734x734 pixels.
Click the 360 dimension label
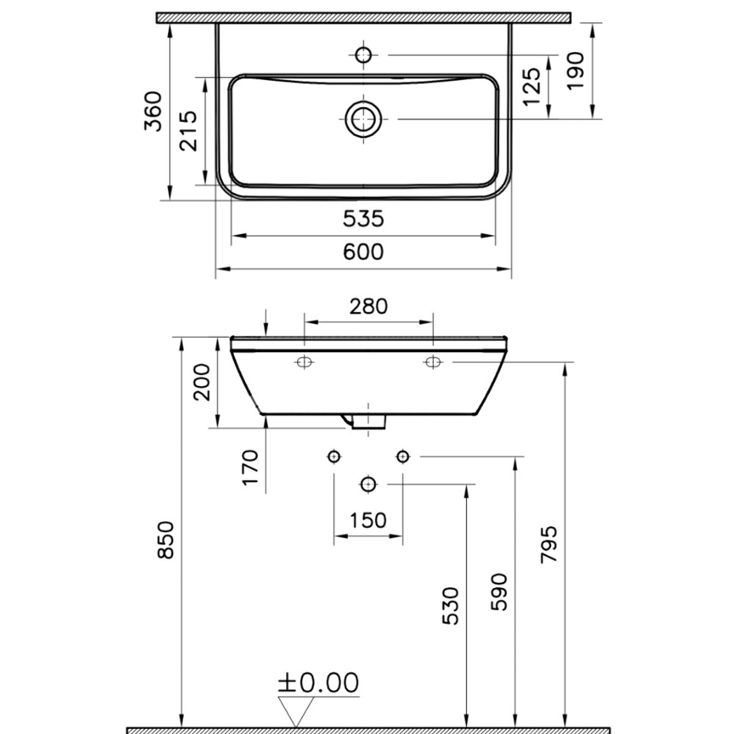coord(153,111)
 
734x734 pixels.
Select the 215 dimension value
coord(188,131)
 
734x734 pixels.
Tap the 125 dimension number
coord(532,86)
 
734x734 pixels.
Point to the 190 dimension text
coord(576,71)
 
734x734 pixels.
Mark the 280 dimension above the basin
coord(368,306)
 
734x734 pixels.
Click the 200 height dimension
coord(202,382)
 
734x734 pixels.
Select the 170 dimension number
coord(251,468)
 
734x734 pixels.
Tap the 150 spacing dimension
coord(368,520)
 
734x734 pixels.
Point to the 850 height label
coord(166,539)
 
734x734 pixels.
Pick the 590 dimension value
coord(500,591)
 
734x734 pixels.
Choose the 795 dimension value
coord(549,544)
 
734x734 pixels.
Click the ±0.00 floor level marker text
coord(318,683)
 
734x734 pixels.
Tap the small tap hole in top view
coord(364,54)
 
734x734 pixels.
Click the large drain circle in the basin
coord(363,119)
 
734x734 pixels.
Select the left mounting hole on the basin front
coord(304,362)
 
